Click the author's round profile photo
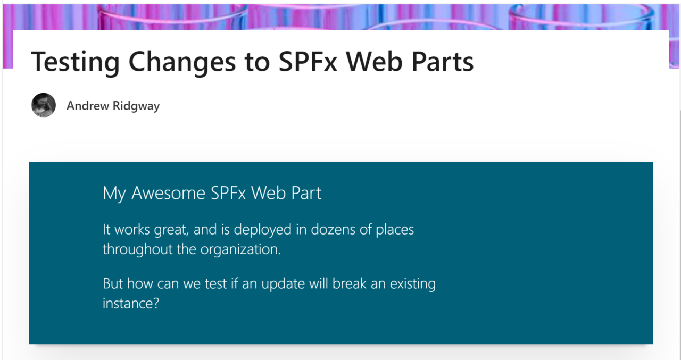click(44, 105)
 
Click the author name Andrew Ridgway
click(113, 106)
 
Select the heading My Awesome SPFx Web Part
click(212, 193)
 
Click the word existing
click(412, 284)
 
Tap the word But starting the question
click(113, 284)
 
